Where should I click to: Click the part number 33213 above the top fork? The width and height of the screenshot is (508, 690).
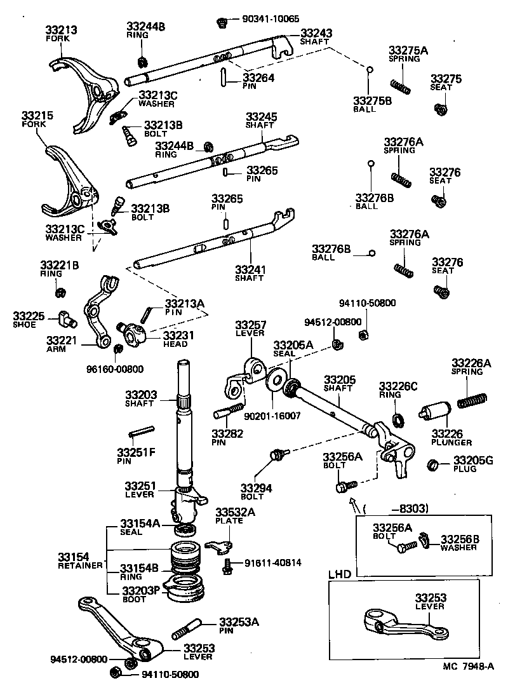(x=61, y=29)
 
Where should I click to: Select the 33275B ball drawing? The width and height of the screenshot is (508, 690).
(x=368, y=69)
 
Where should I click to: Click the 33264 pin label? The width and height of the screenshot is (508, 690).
(x=258, y=79)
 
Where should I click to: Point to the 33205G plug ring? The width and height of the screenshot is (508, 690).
(x=433, y=464)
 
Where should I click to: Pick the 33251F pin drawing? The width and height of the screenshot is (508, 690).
(x=142, y=432)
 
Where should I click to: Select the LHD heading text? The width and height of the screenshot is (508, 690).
(x=340, y=574)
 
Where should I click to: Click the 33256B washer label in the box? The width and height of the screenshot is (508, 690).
(x=460, y=543)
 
